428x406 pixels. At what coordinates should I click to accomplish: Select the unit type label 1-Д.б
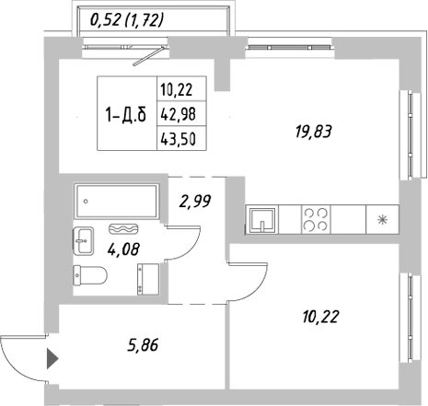pyautogui.click(x=126, y=114)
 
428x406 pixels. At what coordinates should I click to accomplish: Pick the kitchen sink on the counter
pyautogui.click(x=261, y=220)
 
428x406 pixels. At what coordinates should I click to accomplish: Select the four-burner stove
pyautogui.click(x=318, y=220)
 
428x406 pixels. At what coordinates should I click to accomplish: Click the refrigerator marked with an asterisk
pyautogui.click(x=381, y=220)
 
